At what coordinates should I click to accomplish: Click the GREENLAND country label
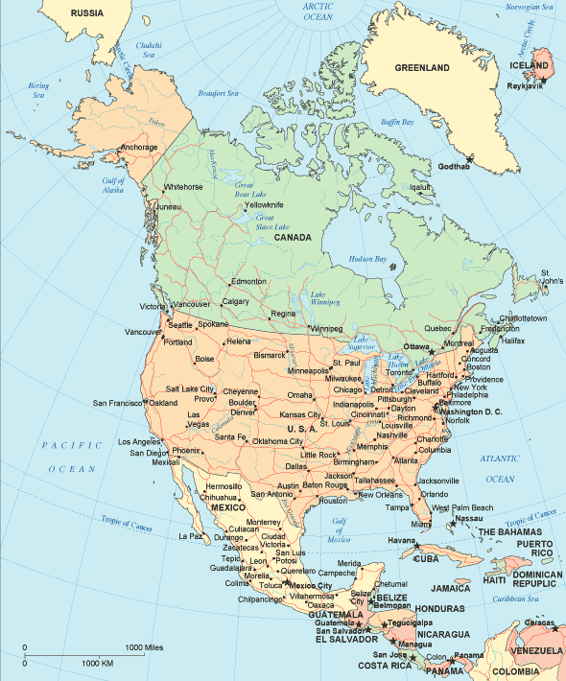[x=422, y=69]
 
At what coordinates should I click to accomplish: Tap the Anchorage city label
[x=138, y=147]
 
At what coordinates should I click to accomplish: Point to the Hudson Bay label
[x=366, y=259]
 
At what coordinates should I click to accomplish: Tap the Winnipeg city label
[x=325, y=329]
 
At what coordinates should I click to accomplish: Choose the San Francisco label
[x=117, y=403]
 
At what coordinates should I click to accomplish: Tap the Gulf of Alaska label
[x=114, y=185]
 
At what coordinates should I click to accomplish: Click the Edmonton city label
[x=248, y=281]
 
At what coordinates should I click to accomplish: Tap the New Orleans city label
[x=380, y=495]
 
